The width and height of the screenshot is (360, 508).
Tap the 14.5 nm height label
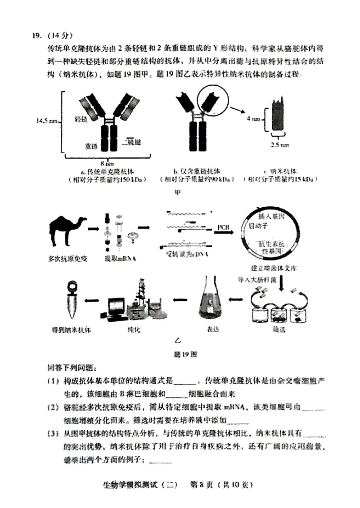[x=46, y=120]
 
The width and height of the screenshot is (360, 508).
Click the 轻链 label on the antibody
[x=81, y=119]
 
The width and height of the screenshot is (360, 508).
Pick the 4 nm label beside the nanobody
[x=253, y=119]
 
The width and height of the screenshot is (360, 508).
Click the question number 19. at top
[x=37, y=36]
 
